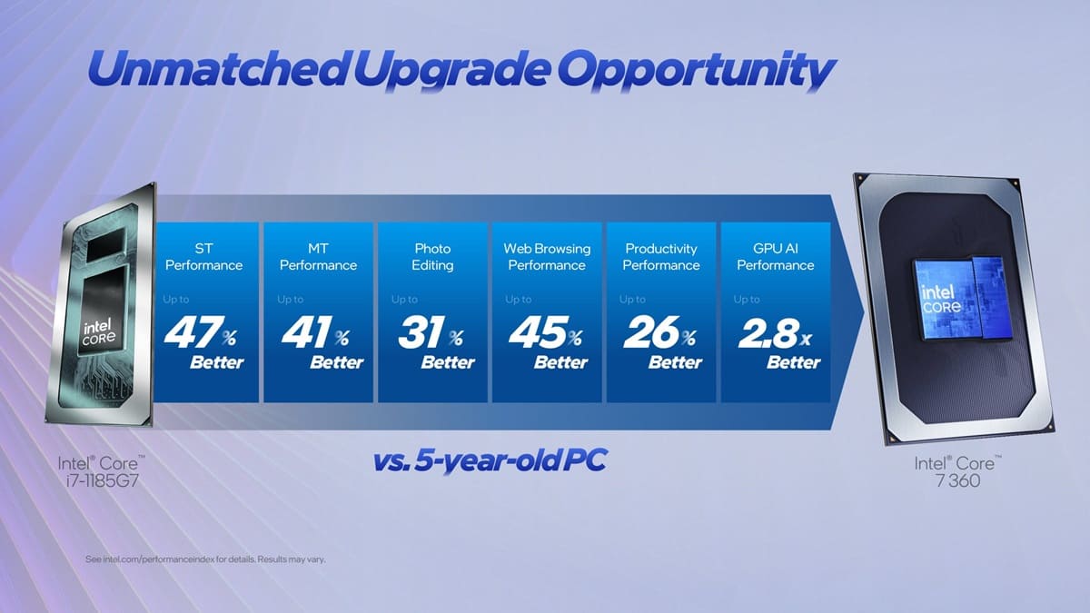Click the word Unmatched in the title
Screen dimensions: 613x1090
click(213, 69)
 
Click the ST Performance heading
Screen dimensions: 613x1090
click(204, 257)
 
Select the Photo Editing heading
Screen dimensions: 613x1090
click(432, 257)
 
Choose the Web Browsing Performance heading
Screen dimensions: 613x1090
click(547, 257)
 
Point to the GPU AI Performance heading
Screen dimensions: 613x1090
click(775, 257)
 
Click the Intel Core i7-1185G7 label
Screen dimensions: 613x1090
click(101, 471)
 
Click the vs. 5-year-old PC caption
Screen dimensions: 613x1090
click(490, 461)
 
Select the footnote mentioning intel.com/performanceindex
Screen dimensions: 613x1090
click(205, 559)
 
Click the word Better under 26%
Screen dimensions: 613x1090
click(675, 362)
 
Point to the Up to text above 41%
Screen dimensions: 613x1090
click(291, 299)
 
